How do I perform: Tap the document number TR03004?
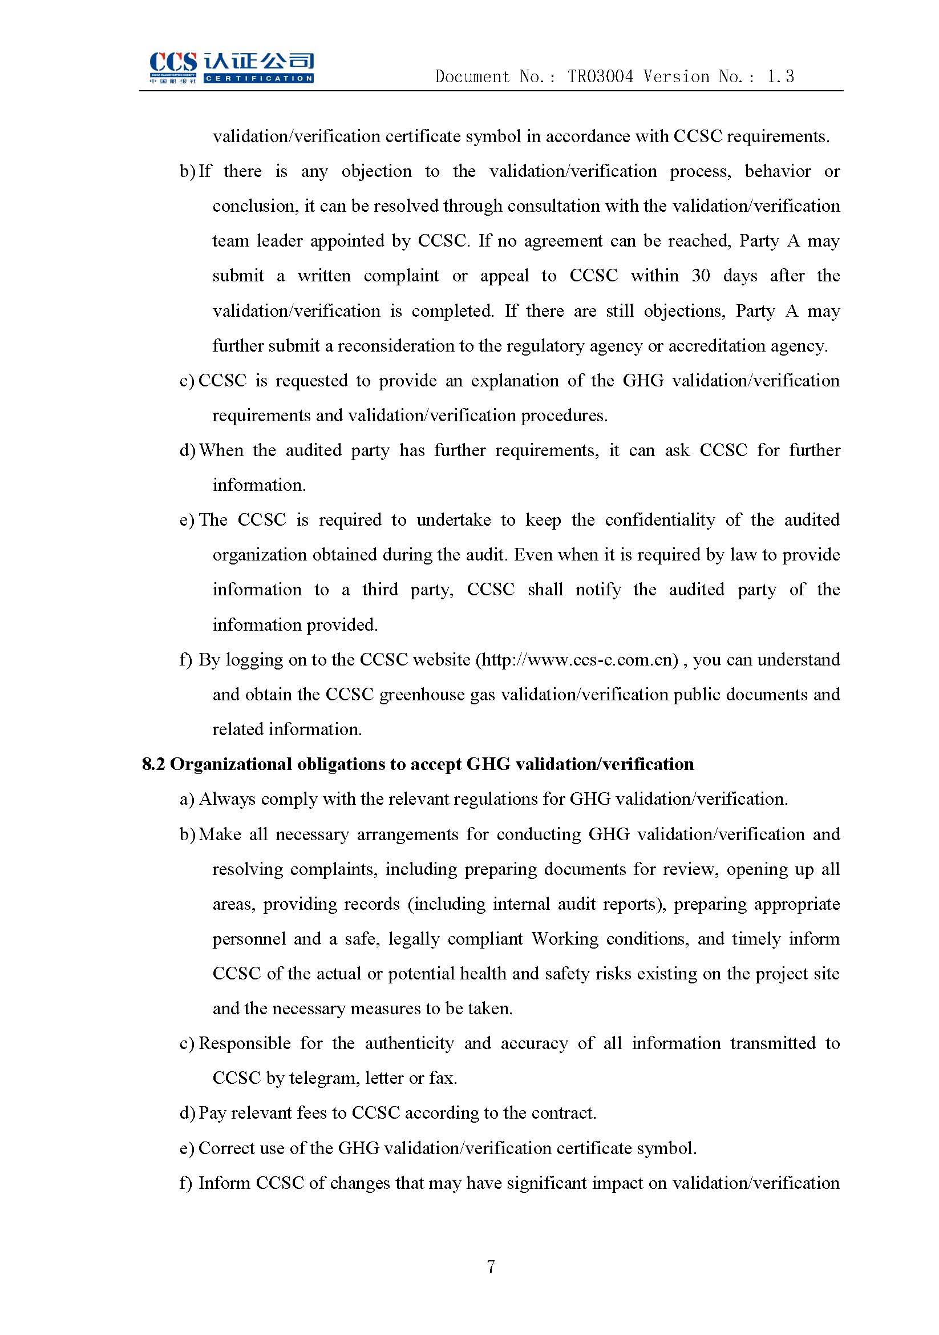tap(600, 76)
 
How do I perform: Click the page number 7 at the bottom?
tap(491, 1267)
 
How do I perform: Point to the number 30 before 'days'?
tap(701, 276)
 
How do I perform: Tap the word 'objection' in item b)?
tap(377, 172)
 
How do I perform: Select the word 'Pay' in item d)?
tap(212, 1113)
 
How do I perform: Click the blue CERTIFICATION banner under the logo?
tap(258, 79)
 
